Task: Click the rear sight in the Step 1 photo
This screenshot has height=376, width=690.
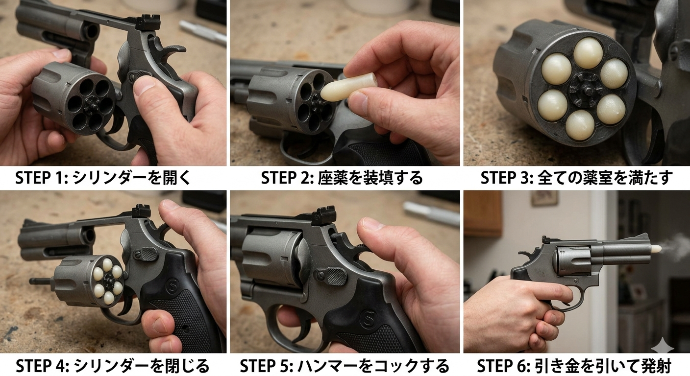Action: pos(149,23)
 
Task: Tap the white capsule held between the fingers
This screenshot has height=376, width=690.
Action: pos(349,87)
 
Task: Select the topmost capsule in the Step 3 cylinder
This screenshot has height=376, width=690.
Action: pos(588,52)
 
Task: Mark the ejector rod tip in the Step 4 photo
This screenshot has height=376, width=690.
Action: pos(32,281)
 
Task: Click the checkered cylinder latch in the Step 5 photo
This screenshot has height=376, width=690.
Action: pos(336,276)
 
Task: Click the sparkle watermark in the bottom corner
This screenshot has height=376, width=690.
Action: pos(662,348)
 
